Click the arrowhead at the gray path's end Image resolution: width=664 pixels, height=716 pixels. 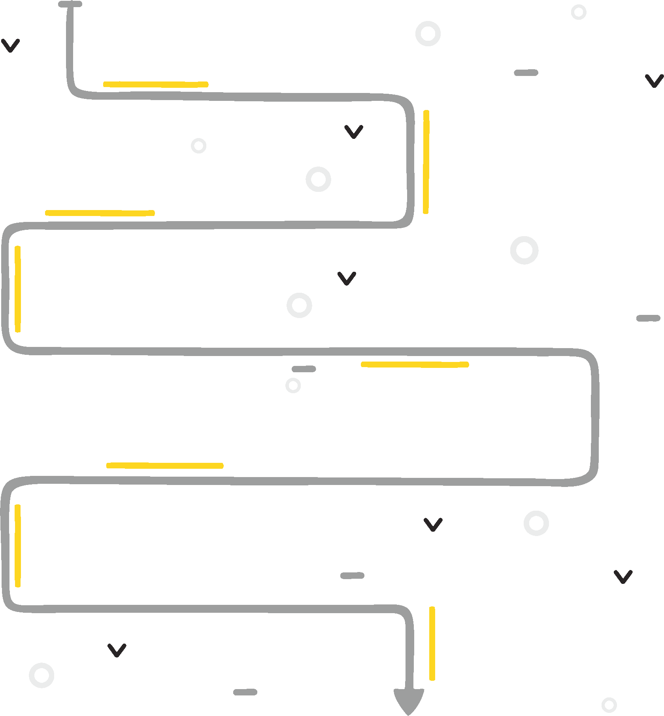[x=409, y=700]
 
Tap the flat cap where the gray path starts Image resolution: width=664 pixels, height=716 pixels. [x=70, y=4]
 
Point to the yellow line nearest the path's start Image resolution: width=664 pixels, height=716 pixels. [x=156, y=84]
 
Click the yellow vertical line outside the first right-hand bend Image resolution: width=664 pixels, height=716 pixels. [x=426, y=162]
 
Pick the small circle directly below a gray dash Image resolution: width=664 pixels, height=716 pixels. [x=293, y=385]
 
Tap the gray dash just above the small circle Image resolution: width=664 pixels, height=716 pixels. [x=304, y=369]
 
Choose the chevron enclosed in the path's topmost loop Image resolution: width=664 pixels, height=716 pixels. [x=354, y=132]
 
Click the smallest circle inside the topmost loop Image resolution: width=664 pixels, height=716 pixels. [x=198, y=146]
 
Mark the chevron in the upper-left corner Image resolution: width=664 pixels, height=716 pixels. [x=11, y=45]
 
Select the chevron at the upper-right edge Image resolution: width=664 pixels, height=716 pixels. [x=654, y=81]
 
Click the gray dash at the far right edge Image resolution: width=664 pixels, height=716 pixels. [x=648, y=318]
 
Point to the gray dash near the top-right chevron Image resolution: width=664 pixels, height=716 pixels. [x=526, y=73]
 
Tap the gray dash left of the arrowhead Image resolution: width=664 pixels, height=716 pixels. [x=245, y=692]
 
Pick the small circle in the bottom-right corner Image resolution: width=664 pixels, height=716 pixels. [x=609, y=705]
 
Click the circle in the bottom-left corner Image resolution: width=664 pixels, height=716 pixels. [x=41, y=675]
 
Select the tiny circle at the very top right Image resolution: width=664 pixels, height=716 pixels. [x=579, y=12]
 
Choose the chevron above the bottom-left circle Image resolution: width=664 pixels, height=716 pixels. [x=117, y=650]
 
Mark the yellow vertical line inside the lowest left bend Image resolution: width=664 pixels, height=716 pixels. [x=18, y=546]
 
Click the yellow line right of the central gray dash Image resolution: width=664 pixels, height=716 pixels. [x=415, y=364]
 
